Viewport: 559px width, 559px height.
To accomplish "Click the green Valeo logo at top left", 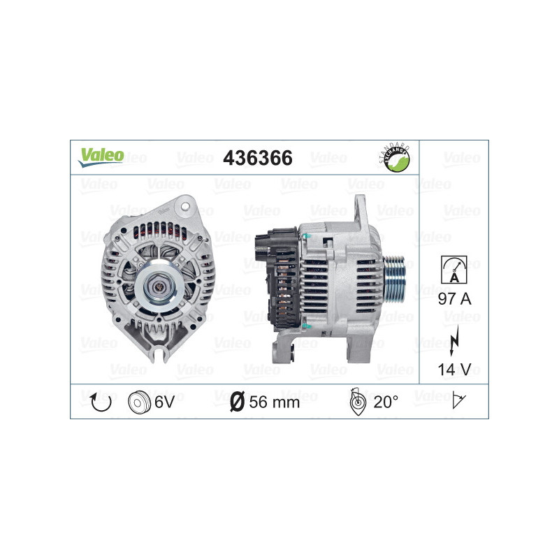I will (x=101, y=157).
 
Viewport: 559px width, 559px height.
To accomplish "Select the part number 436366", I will (x=257, y=159).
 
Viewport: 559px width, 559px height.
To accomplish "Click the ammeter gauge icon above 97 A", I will (x=453, y=268).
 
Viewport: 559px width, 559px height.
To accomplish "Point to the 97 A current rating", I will (x=453, y=299).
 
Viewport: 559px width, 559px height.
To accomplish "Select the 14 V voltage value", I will (x=453, y=369).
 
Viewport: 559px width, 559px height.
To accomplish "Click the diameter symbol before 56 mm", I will (x=237, y=402).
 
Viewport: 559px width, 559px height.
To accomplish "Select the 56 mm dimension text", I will (x=275, y=402).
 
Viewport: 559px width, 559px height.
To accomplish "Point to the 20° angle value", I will (x=385, y=402).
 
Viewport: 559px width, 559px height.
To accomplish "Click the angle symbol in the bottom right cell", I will (x=460, y=401).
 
